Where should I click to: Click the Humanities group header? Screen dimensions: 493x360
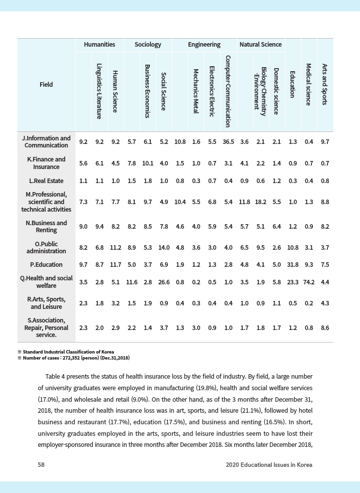pos(99,45)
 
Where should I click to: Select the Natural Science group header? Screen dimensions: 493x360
pos(260,45)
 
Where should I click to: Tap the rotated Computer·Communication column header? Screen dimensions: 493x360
pos(228,91)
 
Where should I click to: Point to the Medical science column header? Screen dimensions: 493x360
pos(309,84)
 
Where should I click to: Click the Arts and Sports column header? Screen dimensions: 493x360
pos(325,84)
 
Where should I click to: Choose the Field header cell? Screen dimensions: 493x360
pos(46,85)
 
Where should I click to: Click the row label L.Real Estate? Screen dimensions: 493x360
pos(46,181)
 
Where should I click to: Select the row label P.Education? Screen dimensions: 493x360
pos(46,264)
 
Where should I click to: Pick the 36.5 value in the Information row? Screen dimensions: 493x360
pos(228,142)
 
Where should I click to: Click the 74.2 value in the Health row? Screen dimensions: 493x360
pos(309,282)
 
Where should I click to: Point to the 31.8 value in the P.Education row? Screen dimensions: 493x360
pos(292,264)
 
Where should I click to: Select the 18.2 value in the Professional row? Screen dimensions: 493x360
pos(261,202)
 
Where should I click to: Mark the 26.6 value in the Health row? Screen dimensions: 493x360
pos(163,282)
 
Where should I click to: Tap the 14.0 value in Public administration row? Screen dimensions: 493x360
pos(163,247)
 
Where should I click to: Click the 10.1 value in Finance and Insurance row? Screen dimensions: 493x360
pos(147,163)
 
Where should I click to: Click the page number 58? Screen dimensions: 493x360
pos(41,465)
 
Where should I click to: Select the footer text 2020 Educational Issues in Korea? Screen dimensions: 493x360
pos(269,465)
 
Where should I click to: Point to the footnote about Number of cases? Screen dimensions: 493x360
pos(74,358)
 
